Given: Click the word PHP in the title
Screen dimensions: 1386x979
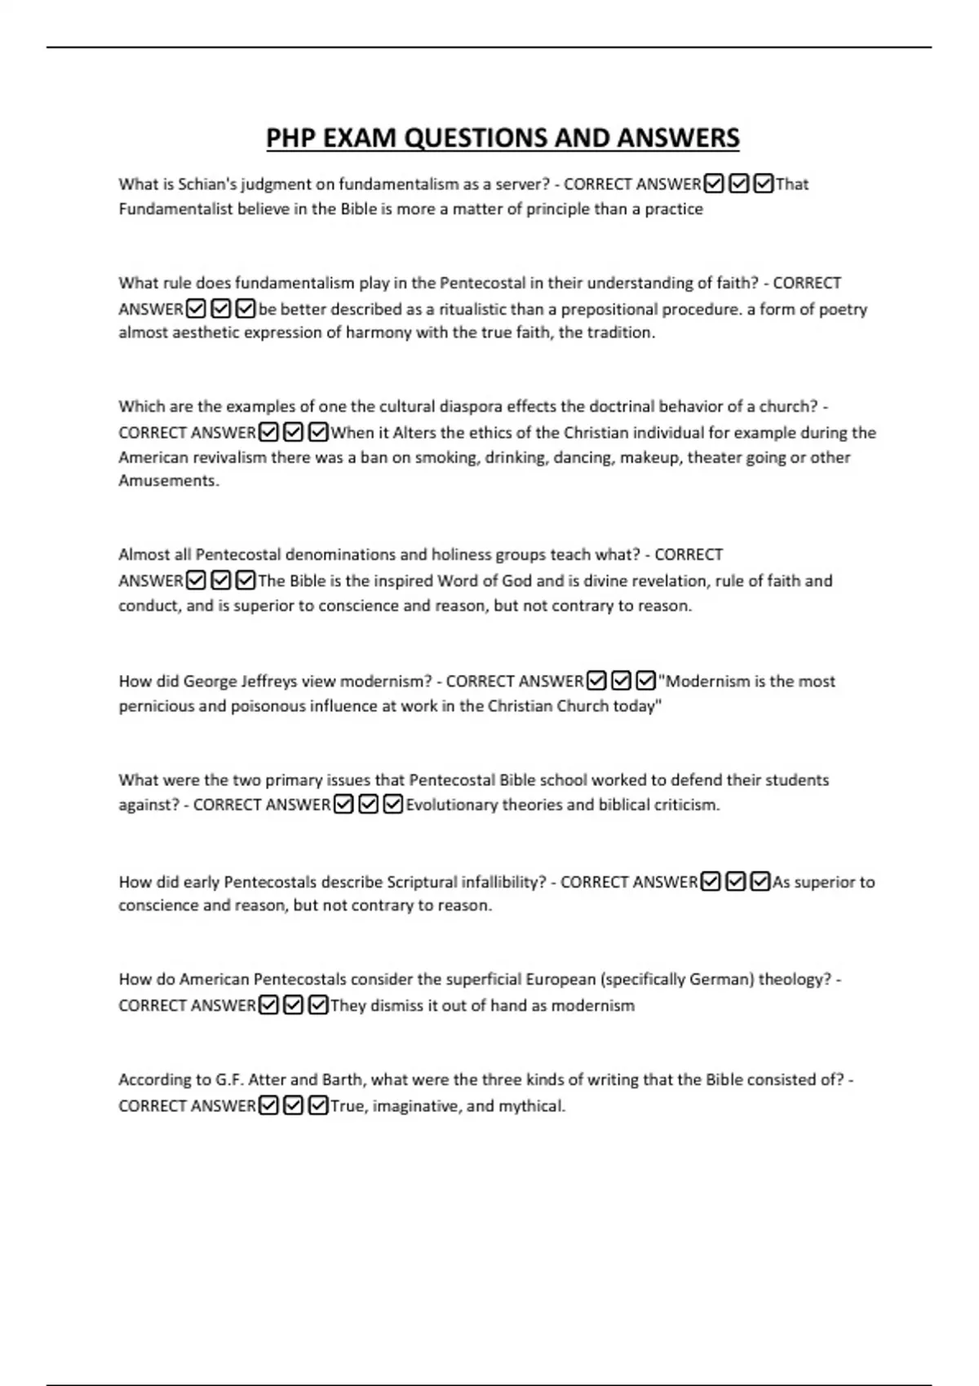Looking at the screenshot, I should pyautogui.click(x=291, y=139).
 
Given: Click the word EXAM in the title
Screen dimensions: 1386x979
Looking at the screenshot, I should pyautogui.click(x=360, y=139).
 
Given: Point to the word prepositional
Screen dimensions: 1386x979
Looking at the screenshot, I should pyautogui.click(x=607, y=309).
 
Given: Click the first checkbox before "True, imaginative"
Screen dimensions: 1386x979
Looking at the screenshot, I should pyautogui.click(x=268, y=1106).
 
